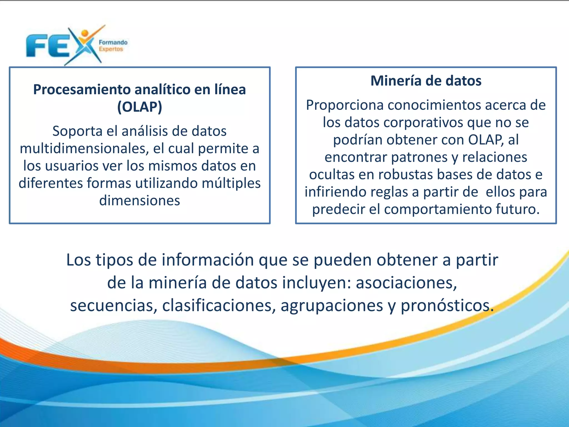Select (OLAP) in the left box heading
click(x=139, y=107)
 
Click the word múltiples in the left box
click(x=231, y=183)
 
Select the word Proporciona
click(x=345, y=105)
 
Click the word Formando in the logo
click(x=113, y=43)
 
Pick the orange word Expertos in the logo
click(x=111, y=49)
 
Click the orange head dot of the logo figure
click(x=85, y=33)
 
